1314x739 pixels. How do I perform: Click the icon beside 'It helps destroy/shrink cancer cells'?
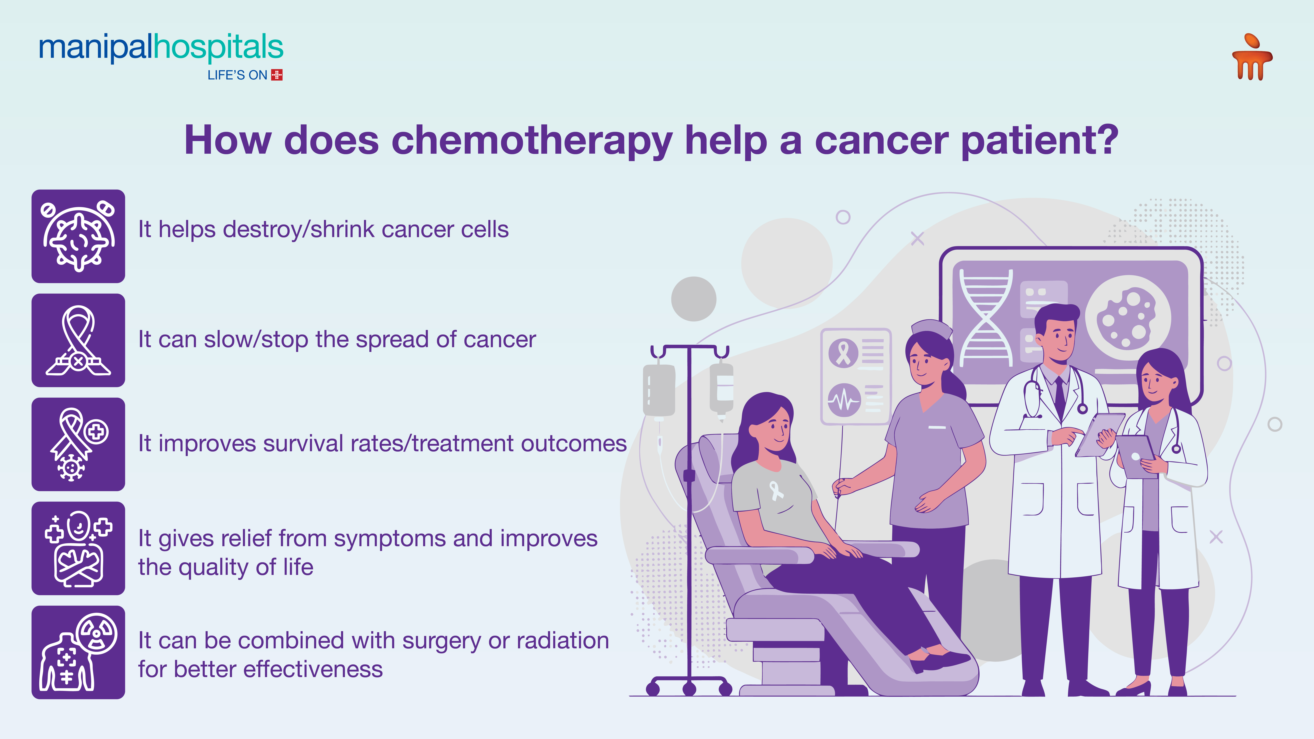[78, 236]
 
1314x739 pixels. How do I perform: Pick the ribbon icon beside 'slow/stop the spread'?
[78, 340]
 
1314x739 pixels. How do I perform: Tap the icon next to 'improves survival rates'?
[78, 444]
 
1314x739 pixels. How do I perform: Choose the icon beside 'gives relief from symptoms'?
[78, 548]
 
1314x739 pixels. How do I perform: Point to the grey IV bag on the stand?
[659, 390]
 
